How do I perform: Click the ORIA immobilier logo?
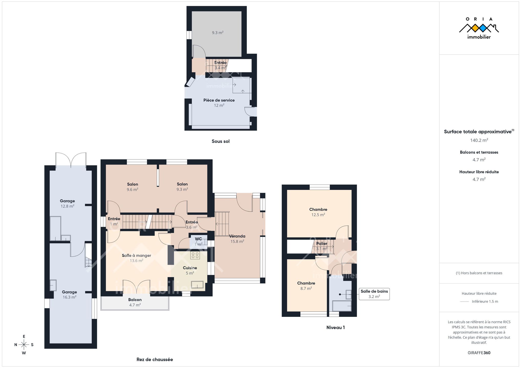[x=479, y=28]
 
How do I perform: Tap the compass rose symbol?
[x=24, y=345]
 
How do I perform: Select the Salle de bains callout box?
[x=374, y=294]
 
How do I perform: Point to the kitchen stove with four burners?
[x=195, y=255]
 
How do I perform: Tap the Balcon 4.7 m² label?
[x=135, y=302]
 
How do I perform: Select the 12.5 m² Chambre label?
[x=318, y=212]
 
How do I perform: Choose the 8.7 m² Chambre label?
[x=306, y=286]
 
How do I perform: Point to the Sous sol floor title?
[x=220, y=141]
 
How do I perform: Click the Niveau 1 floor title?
[x=335, y=327]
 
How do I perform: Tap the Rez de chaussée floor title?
[x=155, y=360]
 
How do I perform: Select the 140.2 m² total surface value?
[x=479, y=140]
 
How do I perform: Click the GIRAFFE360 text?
[x=479, y=353]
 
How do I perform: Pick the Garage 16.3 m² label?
[x=69, y=294]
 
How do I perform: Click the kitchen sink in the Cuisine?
[x=197, y=285]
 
